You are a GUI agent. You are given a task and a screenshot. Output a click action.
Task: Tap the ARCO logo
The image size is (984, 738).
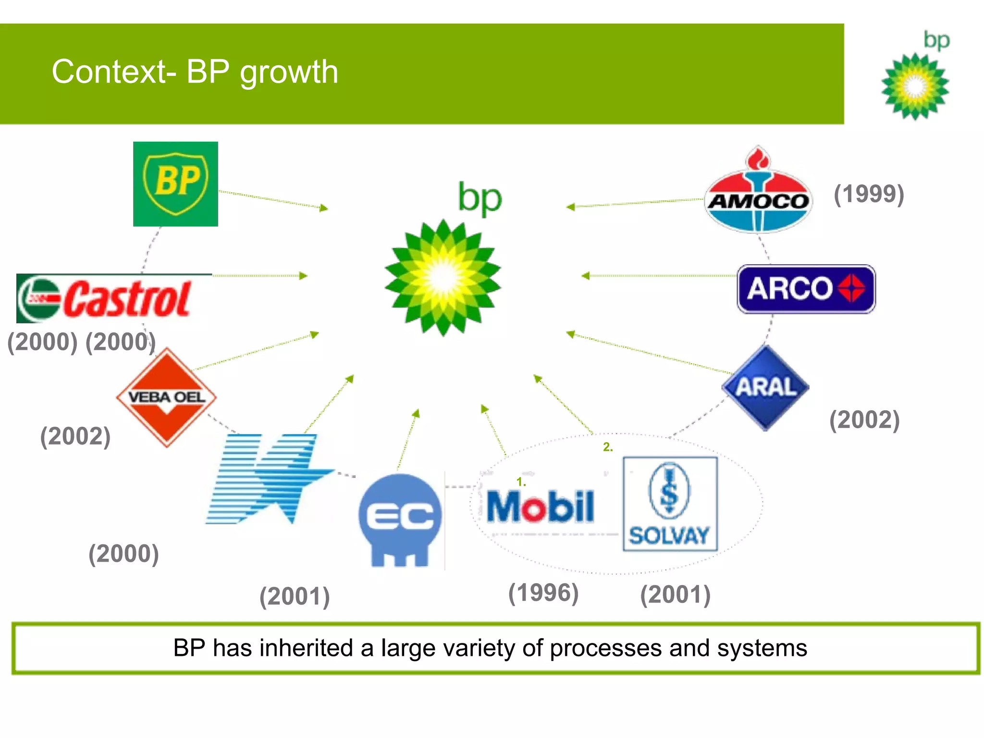coord(806,289)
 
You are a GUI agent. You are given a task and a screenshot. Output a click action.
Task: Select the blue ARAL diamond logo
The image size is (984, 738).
coord(765,387)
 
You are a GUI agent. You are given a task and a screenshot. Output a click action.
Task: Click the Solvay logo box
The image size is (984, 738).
coord(670,504)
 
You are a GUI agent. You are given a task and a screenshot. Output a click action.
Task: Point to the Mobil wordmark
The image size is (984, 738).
coord(540,507)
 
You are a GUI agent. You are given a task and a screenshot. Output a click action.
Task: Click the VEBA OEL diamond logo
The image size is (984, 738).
coord(166,397)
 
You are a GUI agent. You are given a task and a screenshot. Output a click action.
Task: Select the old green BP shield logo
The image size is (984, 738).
coord(175,184)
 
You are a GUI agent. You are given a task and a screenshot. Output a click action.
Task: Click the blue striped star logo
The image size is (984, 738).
coord(269,478)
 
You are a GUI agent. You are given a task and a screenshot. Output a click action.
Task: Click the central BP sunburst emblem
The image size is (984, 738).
coord(443,278)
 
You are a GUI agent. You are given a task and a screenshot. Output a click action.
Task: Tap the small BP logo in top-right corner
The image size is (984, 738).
coord(915,77)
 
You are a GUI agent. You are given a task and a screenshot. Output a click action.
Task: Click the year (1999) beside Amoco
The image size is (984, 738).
coord(869,194)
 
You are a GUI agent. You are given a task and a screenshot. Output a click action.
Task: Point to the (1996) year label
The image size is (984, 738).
coord(543,592)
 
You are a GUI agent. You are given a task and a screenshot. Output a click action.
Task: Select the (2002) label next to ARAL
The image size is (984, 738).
coord(864,419)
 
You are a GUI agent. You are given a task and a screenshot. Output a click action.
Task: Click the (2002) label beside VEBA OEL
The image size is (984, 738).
coord(75,436)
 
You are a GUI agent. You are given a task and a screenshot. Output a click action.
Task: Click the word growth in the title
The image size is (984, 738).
coord(289,72)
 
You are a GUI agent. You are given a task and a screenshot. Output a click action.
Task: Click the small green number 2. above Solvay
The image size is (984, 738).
coord(608,447)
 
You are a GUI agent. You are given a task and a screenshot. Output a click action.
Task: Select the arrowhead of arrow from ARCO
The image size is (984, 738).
coord(585,276)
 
